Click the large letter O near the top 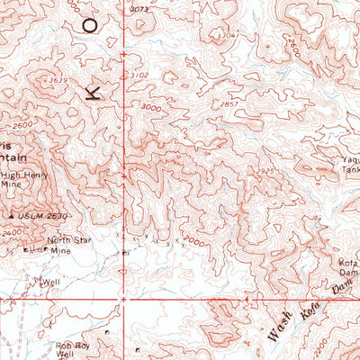point(89,24)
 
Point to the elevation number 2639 point(58,80)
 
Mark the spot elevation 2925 point(265,169)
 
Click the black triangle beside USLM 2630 point(12,216)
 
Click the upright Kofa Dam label point(347,267)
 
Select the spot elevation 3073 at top point(138,8)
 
